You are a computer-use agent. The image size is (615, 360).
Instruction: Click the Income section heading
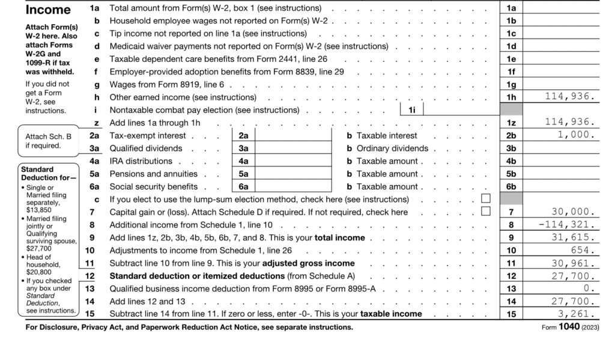47,10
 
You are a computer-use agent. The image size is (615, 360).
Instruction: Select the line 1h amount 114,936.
570,97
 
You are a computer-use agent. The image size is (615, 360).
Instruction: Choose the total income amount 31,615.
574,237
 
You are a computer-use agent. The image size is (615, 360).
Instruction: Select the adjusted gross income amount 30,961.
574,263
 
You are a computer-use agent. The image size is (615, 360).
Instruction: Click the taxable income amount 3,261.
577,314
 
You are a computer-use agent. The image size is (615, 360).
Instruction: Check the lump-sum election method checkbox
486,198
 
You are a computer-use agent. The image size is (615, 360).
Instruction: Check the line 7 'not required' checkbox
486,212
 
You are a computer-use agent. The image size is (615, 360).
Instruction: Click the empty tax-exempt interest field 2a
294,136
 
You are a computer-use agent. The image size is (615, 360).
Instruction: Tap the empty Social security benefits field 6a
294,187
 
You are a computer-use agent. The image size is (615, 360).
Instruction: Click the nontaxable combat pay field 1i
461,110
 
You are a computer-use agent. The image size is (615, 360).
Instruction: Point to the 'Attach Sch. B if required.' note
47,141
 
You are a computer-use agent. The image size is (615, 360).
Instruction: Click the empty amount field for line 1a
562,8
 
